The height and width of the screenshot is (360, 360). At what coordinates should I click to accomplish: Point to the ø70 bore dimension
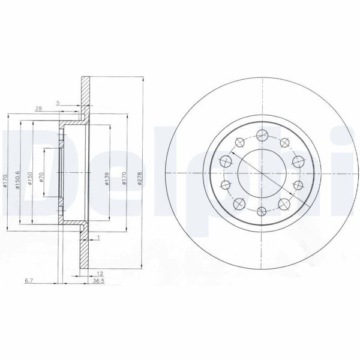41,179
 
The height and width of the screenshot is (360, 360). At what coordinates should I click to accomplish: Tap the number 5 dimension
58,103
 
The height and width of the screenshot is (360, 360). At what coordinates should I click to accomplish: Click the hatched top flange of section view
86,96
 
